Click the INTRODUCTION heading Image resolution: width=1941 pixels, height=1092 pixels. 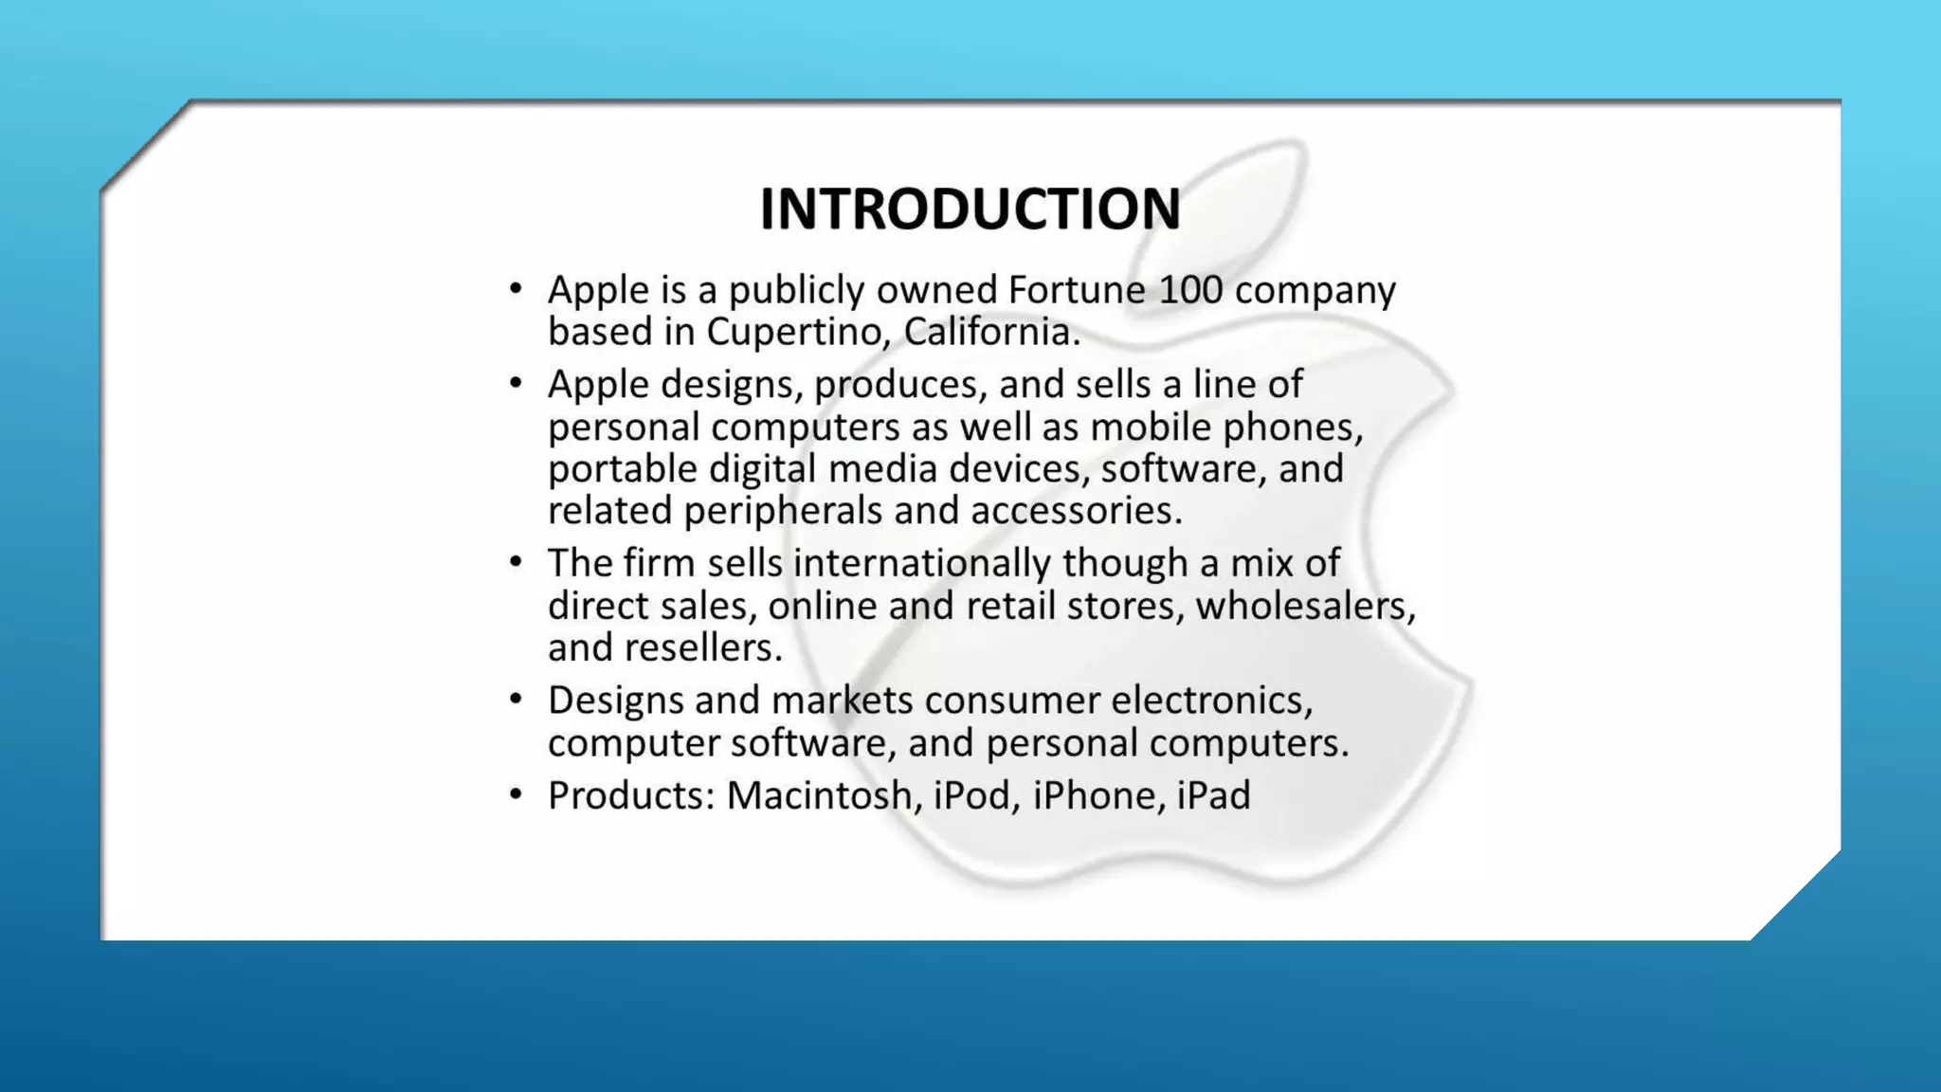[x=970, y=209]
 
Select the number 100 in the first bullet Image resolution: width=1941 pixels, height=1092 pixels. [x=1190, y=290]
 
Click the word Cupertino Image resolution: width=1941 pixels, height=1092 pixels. [x=798, y=333]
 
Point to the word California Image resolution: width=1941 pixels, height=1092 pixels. [x=990, y=332]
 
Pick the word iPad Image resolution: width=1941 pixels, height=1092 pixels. [x=1213, y=795]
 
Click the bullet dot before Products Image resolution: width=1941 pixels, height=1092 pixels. [x=516, y=793]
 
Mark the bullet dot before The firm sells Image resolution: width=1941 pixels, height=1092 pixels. [x=516, y=562]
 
